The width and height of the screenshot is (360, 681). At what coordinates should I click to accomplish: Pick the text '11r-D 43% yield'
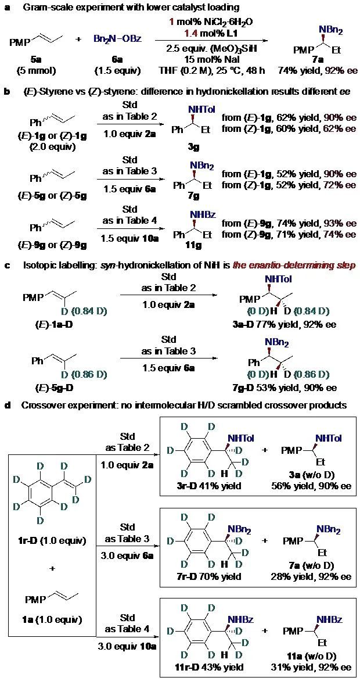point(202,667)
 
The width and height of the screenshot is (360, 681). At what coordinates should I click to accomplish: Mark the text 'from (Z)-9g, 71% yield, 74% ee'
point(289,234)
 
